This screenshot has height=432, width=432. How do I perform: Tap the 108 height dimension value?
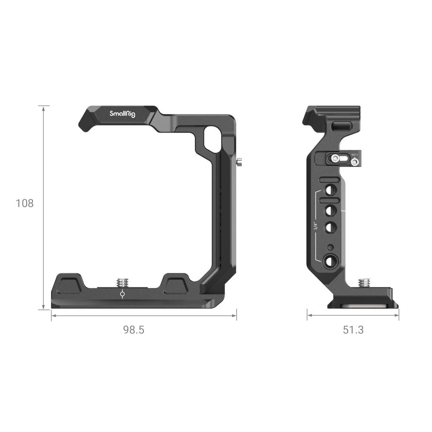click(25, 203)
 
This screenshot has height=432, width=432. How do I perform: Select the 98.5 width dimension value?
click(133, 330)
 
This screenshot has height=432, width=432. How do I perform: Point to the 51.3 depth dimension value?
click(353, 330)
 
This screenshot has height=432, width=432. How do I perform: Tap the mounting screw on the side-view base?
click(364, 283)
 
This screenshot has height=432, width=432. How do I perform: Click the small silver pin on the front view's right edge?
click(239, 162)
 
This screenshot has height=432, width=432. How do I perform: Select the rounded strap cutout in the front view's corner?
click(212, 139)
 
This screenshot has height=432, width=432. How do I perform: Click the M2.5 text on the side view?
click(355, 154)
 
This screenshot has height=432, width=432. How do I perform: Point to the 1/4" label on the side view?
click(316, 226)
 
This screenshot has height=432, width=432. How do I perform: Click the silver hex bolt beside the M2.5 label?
click(355, 162)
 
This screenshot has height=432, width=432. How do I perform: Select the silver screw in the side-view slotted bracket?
click(335, 159)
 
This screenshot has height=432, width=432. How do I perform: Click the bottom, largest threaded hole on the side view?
click(331, 260)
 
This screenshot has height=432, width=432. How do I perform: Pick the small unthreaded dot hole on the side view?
click(330, 247)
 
